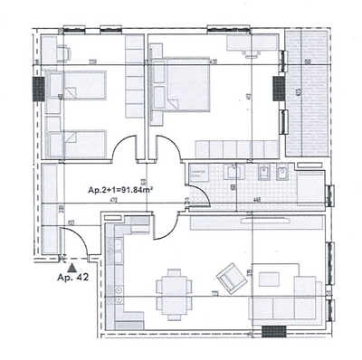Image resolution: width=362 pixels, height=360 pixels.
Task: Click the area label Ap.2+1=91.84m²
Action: click(120, 191)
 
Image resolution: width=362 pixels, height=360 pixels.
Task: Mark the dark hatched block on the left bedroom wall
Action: click(38, 88)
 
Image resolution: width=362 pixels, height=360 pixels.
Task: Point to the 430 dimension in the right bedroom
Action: click(214, 63)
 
